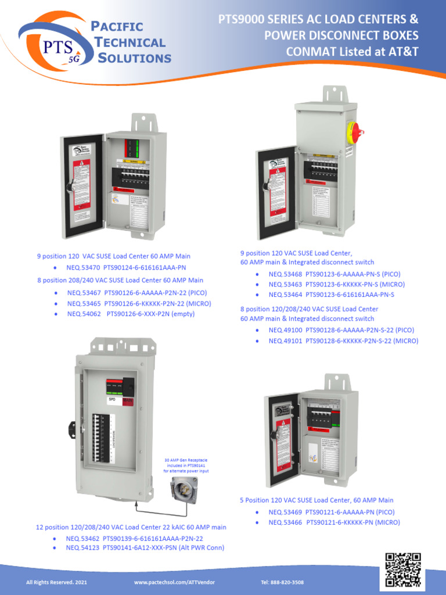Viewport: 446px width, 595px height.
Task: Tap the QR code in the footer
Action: pos(403,570)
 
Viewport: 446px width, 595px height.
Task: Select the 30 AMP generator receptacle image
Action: pos(184,488)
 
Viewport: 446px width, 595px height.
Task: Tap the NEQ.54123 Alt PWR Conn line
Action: pos(145,547)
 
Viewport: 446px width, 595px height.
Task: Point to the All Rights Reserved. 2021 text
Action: pos(56,582)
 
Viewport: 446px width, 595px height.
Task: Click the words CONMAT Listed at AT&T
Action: pos(352,52)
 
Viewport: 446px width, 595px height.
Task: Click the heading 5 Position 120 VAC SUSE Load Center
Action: pos(316,500)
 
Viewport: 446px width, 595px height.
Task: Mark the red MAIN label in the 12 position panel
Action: pos(128,400)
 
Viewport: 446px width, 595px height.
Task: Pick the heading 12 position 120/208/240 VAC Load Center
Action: pos(131,527)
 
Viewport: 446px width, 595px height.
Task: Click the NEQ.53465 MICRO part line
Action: pos(139,303)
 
